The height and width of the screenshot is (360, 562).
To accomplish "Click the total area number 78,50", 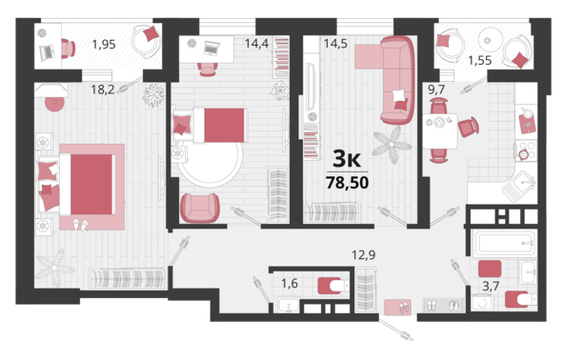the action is [347, 183].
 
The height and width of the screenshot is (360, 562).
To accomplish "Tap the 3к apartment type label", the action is [347, 159].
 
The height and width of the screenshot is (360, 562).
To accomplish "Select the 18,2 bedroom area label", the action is [103, 90].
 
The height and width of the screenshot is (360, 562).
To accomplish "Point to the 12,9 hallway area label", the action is [364, 255].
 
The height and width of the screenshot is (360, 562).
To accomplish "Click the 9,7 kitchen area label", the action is [436, 90].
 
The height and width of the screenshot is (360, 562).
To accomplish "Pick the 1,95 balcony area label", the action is [104, 45].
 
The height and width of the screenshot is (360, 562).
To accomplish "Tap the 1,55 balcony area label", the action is [479, 61].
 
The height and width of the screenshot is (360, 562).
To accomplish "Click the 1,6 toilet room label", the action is [290, 284].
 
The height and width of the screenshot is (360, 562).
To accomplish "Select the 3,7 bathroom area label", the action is [491, 286].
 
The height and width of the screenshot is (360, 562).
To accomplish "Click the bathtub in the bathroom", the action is [504, 243].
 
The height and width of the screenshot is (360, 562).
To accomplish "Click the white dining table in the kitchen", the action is [440, 131].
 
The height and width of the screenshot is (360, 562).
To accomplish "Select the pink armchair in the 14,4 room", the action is [200, 208].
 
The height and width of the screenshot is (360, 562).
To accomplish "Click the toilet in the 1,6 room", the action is [331, 286].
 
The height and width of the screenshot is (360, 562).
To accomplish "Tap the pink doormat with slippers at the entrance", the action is [397, 307].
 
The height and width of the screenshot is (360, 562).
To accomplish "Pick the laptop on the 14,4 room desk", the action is [211, 48].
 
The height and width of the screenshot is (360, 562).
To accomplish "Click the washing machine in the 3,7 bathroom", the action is [482, 302].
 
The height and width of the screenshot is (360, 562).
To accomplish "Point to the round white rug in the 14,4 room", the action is [211, 161].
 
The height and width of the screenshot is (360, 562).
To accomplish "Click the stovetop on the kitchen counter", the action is [526, 150].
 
